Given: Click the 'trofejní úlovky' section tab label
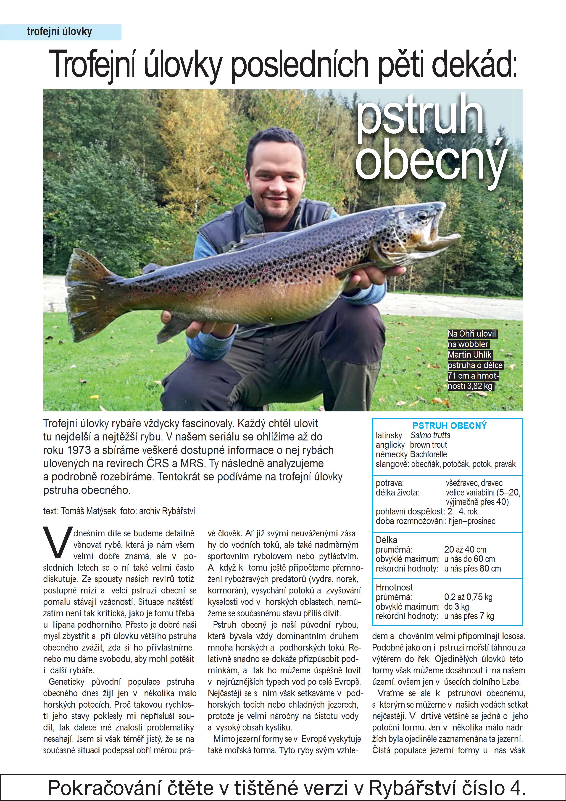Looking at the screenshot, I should click(x=59, y=32).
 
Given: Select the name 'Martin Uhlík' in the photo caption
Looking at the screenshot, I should click(x=469, y=355).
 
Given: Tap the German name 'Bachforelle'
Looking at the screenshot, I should click(x=428, y=455).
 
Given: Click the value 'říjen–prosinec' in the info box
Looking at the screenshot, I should click(x=472, y=521).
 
